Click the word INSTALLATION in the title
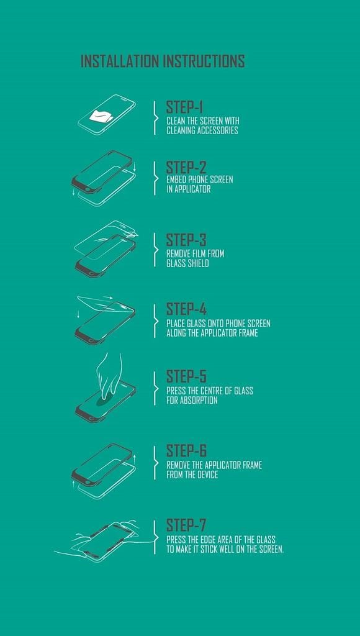point(120,61)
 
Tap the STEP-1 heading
point(184,107)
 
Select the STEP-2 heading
point(186,168)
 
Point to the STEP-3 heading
point(186,240)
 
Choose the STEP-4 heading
point(186,309)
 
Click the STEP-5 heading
point(186,376)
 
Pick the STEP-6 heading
point(186,451)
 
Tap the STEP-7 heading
point(186,525)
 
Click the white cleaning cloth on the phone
point(102,116)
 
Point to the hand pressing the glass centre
point(109,375)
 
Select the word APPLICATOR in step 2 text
point(192,189)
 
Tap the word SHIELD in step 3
point(198,263)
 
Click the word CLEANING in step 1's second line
point(181,130)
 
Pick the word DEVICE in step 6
point(207,474)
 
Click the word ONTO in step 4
point(205,323)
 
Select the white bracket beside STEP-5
point(155,388)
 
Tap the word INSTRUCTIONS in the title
point(204,61)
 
